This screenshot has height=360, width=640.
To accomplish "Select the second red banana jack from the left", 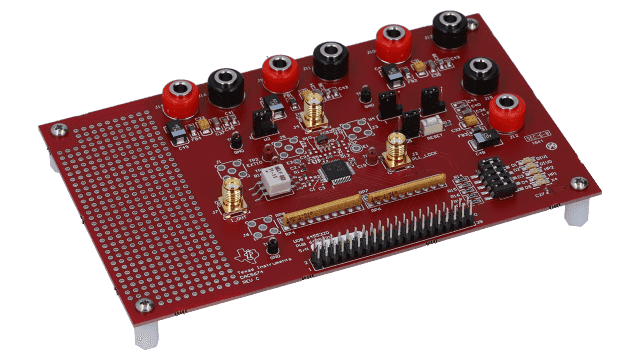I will (277, 70).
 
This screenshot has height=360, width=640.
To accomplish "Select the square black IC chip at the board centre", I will (335, 171).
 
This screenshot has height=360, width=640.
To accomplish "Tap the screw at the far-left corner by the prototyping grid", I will (57, 129).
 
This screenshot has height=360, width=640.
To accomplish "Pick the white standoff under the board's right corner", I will (575, 213).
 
